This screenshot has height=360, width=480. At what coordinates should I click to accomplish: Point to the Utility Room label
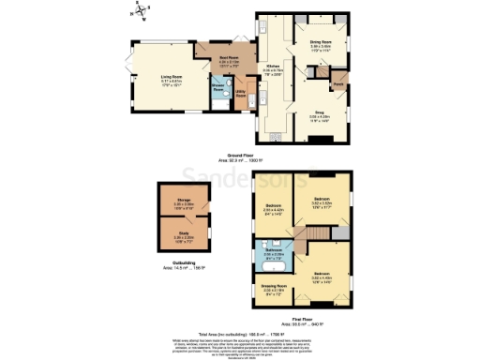(240, 96)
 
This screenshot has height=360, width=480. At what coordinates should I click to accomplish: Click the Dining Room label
(321, 42)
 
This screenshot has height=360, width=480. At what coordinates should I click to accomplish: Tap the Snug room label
(321, 112)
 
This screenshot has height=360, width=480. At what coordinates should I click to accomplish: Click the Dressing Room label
(273, 290)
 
